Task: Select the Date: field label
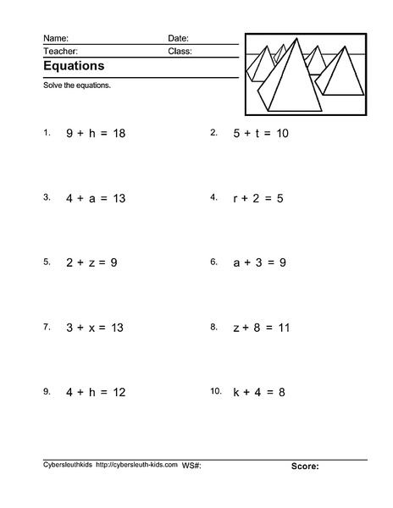tap(178, 38)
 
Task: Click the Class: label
tap(180, 51)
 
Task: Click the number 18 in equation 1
tap(118, 134)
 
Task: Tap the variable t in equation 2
tap(257, 134)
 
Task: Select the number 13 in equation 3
tap(118, 198)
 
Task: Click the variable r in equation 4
tap(235, 198)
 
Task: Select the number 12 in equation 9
tap(118, 392)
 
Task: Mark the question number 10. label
tap(215, 390)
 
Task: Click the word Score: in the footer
tap(305, 467)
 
